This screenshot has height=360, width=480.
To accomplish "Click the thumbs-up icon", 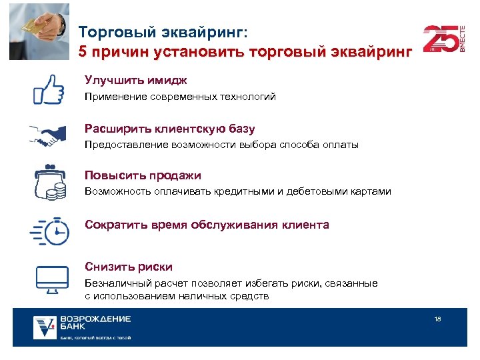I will [49, 87].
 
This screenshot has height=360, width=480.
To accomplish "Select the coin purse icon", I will [50, 181].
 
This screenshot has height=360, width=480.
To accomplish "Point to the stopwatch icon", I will [50, 230].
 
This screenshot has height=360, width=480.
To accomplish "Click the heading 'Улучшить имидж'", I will [136, 80].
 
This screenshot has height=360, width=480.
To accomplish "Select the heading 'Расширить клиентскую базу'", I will [170, 128].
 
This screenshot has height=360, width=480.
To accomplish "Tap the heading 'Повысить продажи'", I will [143, 175].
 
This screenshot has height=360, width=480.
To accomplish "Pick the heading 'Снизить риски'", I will [129, 267].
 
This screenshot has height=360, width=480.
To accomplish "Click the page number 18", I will [437, 319].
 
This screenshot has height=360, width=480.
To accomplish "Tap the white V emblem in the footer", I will [45, 327].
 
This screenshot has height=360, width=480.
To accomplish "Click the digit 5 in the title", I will [83, 51].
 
